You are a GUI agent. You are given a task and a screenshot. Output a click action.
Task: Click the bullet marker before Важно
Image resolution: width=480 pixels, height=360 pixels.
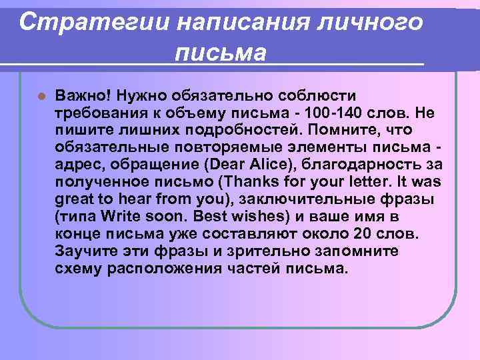pos(41,96)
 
